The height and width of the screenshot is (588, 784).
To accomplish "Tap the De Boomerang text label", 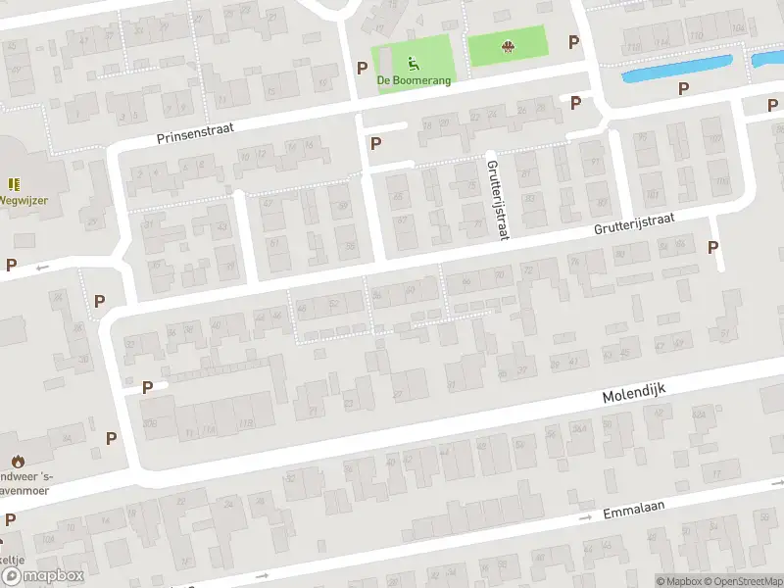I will point(416,80).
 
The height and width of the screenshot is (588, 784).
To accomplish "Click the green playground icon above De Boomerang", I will point(414,64).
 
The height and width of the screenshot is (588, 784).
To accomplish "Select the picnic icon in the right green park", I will point(508,46).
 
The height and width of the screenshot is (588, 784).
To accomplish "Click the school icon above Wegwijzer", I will point(14,183).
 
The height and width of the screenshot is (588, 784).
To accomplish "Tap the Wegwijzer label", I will point(24,199).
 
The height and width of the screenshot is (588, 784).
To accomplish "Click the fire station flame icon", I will point(17,461).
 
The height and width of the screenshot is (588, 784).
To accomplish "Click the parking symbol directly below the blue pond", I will point(683,88).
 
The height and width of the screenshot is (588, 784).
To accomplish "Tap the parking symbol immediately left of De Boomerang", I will point(363,69).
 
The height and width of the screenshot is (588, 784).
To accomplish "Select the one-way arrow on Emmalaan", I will point(586,516).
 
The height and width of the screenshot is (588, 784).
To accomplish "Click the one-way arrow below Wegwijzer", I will point(42,267).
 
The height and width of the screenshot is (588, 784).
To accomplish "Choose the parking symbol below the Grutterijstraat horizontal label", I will point(712,248).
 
